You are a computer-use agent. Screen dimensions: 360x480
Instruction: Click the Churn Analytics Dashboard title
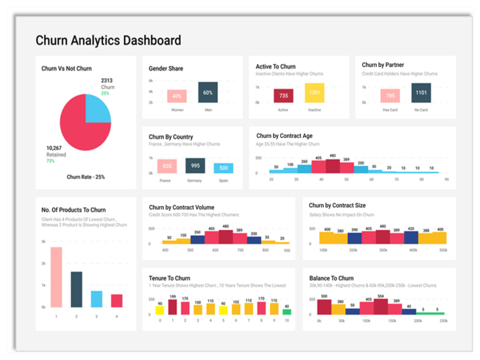pos(108,40)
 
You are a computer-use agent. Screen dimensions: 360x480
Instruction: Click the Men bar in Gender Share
pos(208,92)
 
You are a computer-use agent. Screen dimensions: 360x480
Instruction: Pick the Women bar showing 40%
pos(177,96)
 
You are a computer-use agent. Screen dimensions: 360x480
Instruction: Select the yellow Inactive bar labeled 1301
pos(314,93)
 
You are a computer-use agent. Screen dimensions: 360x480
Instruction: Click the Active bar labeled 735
pos(283,96)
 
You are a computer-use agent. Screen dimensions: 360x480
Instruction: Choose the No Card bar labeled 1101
pos(421,93)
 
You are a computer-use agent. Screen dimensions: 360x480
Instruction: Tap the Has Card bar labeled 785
pos(390,96)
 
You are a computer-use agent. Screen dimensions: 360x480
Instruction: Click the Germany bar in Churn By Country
pos(195,166)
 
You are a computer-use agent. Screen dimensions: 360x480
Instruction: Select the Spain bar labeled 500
pos(224,168)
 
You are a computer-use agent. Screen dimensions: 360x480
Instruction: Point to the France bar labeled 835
pos(167,166)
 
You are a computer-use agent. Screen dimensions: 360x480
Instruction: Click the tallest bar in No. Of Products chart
pos(56,277)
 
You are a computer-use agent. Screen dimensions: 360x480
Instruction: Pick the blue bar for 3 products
pos(96,299)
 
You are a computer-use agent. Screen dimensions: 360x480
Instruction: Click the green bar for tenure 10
pos(287,312)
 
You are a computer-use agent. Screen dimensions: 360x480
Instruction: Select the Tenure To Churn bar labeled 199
pos(172,307)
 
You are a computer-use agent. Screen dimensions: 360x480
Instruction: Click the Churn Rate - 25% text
pos(85,177)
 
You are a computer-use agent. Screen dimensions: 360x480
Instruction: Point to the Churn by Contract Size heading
pos(337,205)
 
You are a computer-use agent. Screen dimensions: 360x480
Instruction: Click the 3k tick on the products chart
pos(43,241)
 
